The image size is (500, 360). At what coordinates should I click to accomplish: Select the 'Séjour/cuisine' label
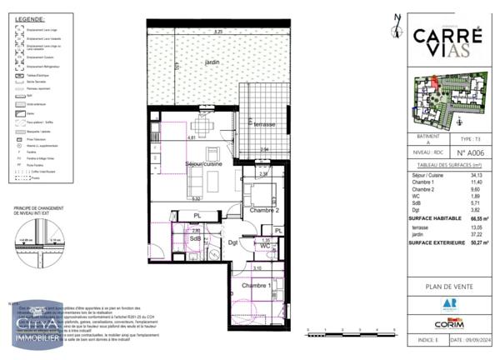click(x=202, y=165)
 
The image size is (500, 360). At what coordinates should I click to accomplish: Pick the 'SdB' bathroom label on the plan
click(x=196, y=239)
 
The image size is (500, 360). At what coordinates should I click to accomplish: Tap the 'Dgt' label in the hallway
click(x=235, y=243)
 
